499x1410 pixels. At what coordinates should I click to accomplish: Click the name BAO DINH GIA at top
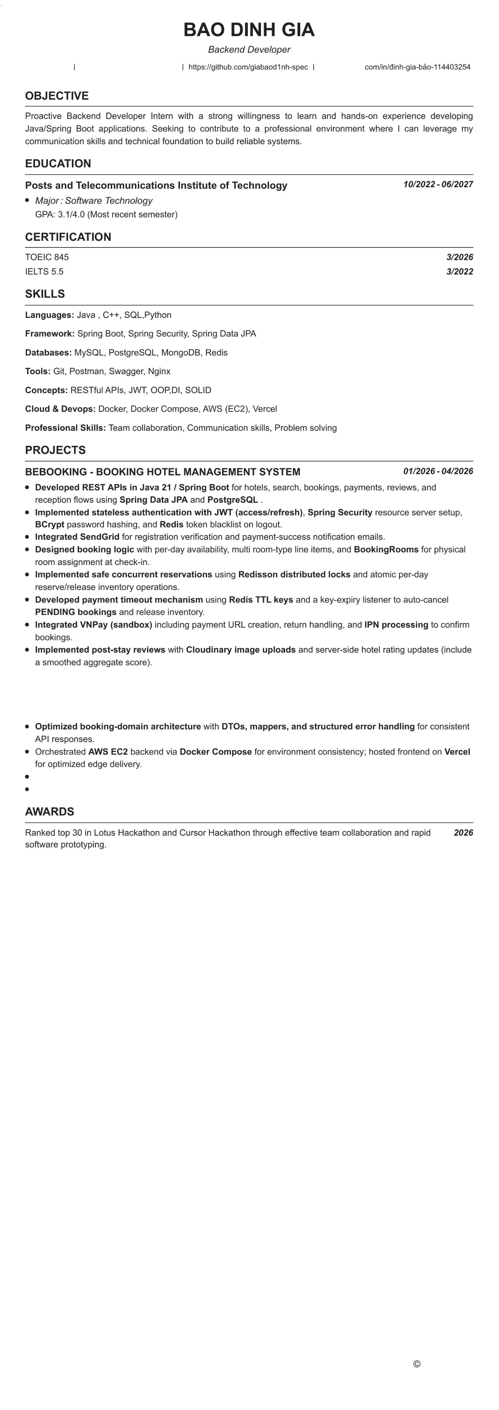pos(249,30)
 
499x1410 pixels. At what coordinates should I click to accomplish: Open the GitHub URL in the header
pos(248,67)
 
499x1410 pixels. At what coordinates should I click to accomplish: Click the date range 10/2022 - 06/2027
pos(438,184)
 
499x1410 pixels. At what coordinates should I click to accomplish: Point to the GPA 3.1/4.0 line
pos(106,215)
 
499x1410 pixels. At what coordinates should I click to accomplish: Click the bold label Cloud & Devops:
pos(60,409)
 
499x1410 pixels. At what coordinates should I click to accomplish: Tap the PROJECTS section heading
pos(55,450)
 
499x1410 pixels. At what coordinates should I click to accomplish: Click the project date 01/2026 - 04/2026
pos(438,471)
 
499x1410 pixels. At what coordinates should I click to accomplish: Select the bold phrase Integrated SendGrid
pos(77,537)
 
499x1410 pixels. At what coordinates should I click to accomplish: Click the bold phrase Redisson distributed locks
pos(294,575)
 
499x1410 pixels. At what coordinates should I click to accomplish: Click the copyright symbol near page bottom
pos(416,1364)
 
